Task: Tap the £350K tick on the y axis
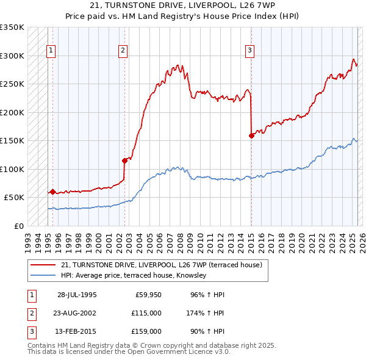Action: (x=12, y=28)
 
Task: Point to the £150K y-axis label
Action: (x=12, y=141)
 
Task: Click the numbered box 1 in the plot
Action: (x=51, y=51)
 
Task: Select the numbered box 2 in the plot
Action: (x=123, y=51)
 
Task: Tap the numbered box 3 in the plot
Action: (x=249, y=51)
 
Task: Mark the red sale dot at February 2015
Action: (x=251, y=136)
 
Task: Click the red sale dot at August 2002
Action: (x=125, y=161)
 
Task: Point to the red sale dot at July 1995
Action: (x=53, y=192)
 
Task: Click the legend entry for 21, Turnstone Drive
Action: (x=161, y=265)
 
